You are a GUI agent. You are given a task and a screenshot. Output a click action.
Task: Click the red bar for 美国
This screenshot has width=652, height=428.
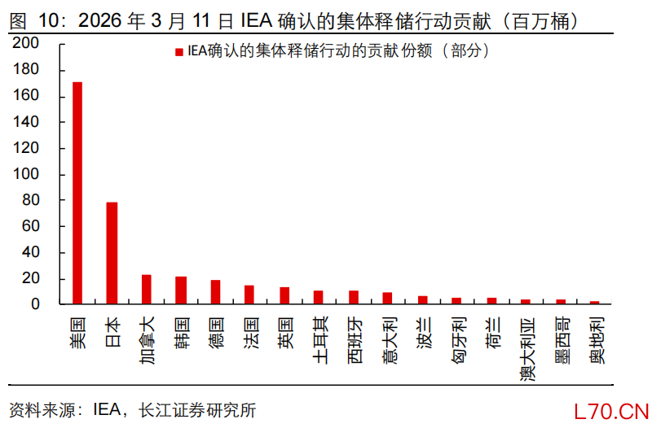point(77,193)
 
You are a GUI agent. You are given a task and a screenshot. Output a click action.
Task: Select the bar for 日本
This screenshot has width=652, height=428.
point(112,253)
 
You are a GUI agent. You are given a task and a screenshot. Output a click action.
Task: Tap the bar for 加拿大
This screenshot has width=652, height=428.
point(147,289)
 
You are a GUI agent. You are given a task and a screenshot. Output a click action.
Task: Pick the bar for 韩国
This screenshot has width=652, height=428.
point(181,290)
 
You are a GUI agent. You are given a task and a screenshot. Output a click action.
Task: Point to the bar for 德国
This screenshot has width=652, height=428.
point(215,291)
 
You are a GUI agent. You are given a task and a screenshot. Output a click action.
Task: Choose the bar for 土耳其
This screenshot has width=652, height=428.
point(319,297)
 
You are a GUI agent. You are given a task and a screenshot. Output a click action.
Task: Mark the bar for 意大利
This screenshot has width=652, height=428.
point(388,298)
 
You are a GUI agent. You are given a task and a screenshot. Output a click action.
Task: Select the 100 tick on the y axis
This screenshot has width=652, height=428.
point(26,174)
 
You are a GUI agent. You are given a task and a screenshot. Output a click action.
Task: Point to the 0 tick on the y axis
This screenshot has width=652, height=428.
point(35,304)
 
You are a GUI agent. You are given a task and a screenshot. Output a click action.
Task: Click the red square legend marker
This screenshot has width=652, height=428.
point(178,51)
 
